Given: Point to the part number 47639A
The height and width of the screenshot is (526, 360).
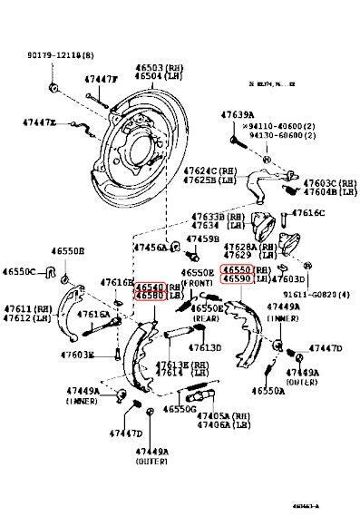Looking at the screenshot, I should pyautogui.click(x=238, y=114).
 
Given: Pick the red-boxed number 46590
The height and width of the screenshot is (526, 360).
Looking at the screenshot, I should pyautogui.click(x=238, y=280).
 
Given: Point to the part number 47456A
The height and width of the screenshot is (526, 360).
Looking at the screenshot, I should pyautogui.click(x=150, y=247).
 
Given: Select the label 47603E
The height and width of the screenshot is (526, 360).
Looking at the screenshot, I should pyautogui.click(x=77, y=356).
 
